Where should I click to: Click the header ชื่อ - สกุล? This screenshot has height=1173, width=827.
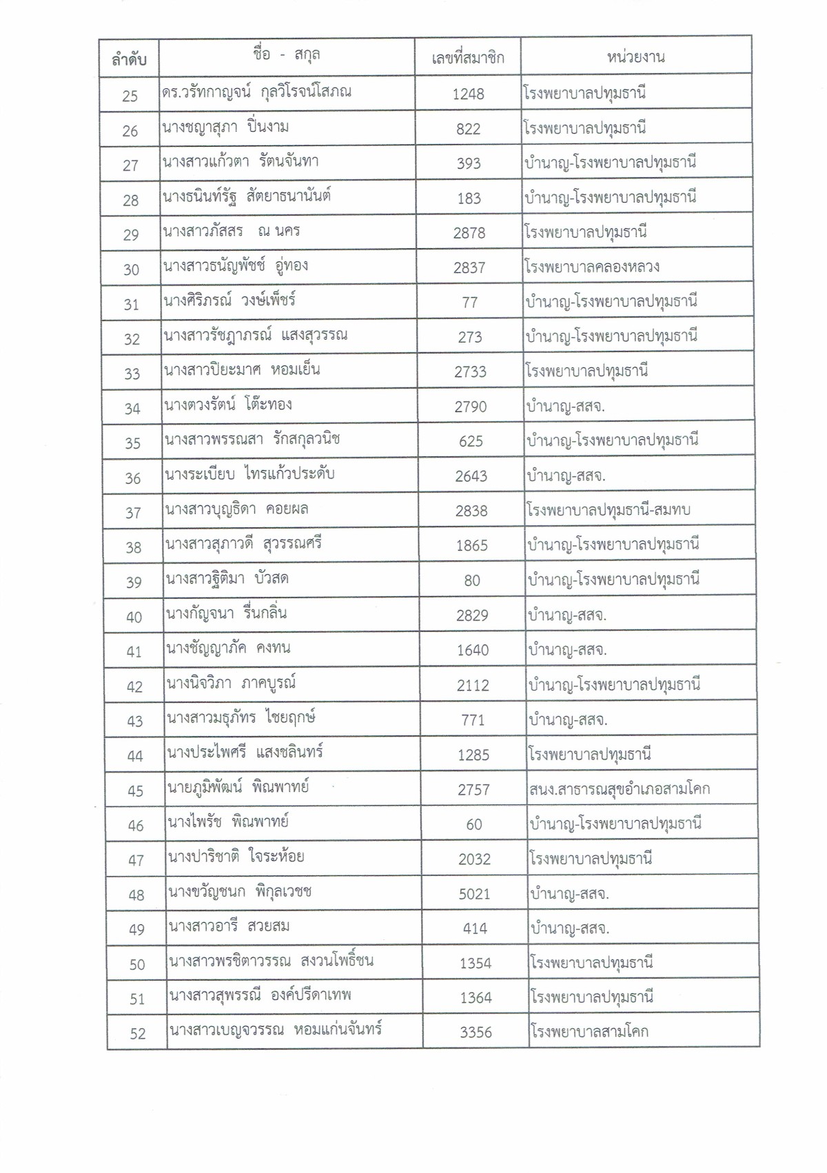[286, 55]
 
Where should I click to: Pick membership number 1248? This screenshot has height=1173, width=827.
[468, 94]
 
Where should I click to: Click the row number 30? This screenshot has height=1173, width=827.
[131, 269]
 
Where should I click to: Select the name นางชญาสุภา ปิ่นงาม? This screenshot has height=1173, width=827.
[225, 127]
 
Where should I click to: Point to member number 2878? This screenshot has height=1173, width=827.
[469, 233]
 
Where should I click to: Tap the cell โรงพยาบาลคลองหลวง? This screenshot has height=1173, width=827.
[591, 267]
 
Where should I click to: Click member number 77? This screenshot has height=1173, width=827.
[469, 303]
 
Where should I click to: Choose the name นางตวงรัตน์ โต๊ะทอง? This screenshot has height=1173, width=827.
[228, 405]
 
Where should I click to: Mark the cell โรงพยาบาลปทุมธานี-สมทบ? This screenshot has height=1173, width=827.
[607, 510]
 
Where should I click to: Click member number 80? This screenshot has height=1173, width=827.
[472, 580]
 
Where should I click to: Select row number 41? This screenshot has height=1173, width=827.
[134, 651]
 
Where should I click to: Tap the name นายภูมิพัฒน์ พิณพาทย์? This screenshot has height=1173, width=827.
[238, 786]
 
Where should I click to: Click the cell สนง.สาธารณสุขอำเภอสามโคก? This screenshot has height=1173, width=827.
[619, 788]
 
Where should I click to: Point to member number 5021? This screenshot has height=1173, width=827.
[474, 894]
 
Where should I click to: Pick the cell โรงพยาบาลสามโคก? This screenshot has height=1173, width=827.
[589, 1032]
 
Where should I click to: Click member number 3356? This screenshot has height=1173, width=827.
[476, 1032]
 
